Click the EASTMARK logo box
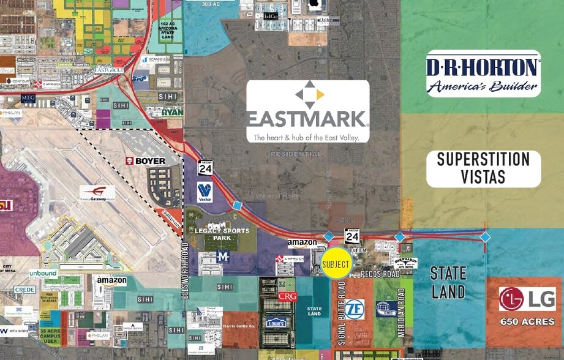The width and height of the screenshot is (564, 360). [307, 111]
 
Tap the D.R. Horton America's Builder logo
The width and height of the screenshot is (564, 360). [483, 73]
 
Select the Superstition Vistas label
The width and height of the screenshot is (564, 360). [483, 168]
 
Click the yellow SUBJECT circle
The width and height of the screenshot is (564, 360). [336, 263]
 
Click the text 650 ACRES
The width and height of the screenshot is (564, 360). [527, 321]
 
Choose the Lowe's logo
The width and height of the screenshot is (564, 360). [276, 322]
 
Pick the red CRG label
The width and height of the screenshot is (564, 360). [287, 296]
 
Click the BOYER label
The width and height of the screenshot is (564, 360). [146, 161]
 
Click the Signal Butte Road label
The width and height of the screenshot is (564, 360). [342, 313]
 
